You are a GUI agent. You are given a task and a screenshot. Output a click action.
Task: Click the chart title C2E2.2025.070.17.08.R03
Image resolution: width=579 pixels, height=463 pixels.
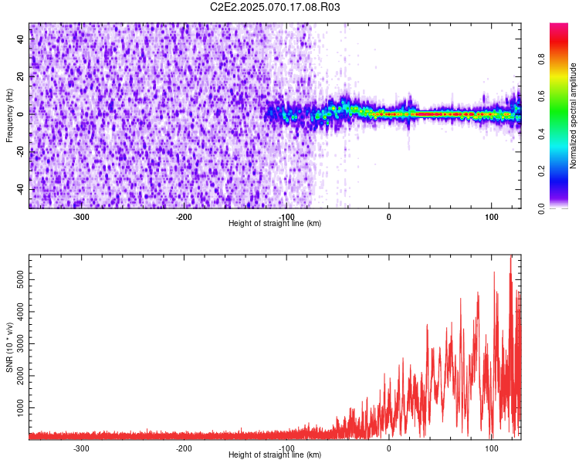(276, 7)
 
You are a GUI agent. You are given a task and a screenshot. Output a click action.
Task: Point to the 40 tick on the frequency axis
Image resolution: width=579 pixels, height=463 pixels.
(20, 40)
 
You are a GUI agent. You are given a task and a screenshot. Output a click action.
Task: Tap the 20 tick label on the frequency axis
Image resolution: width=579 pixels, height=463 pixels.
(20, 77)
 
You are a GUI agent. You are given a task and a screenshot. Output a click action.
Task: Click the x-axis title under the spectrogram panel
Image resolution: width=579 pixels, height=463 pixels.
(275, 223)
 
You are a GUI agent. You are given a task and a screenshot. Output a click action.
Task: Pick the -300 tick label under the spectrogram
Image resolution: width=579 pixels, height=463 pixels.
(81, 216)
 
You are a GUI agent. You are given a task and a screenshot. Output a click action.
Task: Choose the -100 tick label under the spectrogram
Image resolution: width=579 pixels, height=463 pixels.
(286, 216)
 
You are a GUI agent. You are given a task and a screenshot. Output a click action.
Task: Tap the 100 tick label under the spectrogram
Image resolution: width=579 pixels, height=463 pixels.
(492, 216)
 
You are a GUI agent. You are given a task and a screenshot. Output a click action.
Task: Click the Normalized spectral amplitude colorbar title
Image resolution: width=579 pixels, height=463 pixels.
(573, 116)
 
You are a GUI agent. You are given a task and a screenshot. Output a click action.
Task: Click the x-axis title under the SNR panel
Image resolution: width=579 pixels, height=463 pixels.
(275, 455)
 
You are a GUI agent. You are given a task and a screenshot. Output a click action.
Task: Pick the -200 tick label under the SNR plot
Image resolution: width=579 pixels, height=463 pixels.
(184, 448)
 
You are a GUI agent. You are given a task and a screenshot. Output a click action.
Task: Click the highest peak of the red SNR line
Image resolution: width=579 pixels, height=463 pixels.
(510, 257)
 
